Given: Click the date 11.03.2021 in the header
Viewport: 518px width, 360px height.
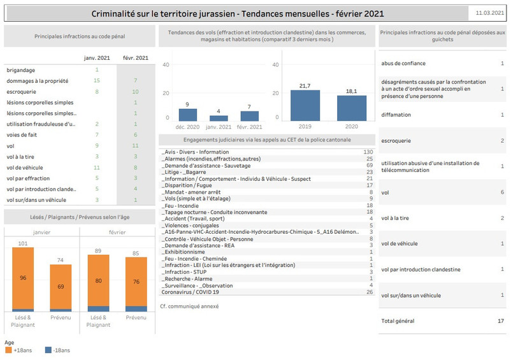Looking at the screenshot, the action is [x=489, y=13].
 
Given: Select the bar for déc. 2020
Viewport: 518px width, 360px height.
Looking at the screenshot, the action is [x=188, y=115].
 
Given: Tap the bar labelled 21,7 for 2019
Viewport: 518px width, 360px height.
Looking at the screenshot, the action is [x=305, y=105].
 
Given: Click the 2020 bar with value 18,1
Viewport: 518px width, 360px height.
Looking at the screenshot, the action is [x=352, y=108].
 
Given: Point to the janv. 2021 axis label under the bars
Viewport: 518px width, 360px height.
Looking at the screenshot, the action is [x=219, y=127].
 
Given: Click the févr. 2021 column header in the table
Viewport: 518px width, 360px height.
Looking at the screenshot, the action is [x=136, y=58].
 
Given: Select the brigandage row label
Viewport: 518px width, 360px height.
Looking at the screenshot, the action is [x=21, y=70].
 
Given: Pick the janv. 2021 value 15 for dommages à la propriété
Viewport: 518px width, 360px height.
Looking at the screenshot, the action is [x=96, y=80].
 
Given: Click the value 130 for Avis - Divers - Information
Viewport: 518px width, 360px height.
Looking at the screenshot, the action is [x=368, y=152].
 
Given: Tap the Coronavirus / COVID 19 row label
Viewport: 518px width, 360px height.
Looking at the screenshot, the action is [x=190, y=292].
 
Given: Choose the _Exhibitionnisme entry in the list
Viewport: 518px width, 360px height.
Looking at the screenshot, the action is [x=183, y=252].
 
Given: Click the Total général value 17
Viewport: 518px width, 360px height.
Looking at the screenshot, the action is [x=501, y=320].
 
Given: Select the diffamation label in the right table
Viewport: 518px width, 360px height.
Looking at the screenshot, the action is [x=396, y=115].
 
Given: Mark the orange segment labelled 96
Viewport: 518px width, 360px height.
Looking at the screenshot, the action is [x=23, y=278].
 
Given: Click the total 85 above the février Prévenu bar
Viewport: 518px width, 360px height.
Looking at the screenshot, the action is [x=136, y=254].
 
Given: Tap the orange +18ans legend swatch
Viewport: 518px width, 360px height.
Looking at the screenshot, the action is [x=8, y=350].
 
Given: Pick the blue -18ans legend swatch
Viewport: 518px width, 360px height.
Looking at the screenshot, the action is [x=48, y=350].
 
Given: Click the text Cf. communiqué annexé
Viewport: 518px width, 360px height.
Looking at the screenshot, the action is [x=189, y=306].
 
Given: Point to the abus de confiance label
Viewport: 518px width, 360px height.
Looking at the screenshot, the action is [x=403, y=63].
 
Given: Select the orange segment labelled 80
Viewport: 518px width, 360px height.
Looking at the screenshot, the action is [x=99, y=280].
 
